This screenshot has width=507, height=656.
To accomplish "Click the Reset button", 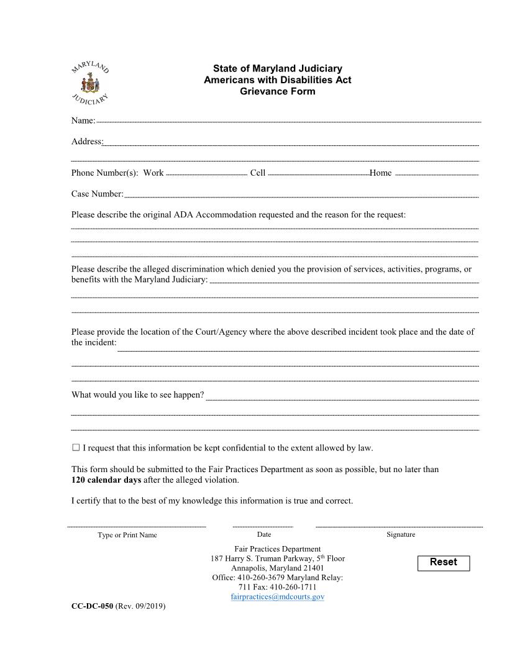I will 443,562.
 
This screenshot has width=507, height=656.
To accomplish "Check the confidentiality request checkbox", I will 76,447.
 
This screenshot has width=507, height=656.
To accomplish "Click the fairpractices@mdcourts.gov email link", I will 277,596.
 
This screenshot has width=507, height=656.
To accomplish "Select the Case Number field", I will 301,194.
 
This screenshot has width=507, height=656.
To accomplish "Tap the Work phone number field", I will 206,173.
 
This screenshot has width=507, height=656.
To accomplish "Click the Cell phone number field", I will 318,173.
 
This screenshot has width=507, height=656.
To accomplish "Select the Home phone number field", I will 436,173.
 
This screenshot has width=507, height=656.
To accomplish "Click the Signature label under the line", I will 401,534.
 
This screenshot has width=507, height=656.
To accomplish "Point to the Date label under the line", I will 263,534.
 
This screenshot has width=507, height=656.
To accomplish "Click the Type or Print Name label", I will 127,535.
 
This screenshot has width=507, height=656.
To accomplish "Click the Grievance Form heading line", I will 277,91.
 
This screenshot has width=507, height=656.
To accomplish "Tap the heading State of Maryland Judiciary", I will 277,68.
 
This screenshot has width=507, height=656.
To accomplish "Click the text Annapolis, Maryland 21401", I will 277,568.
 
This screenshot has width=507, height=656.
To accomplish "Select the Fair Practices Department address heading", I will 277,549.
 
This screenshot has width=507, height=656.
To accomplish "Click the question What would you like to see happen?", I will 137,394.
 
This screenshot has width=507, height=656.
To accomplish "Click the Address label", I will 86,142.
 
